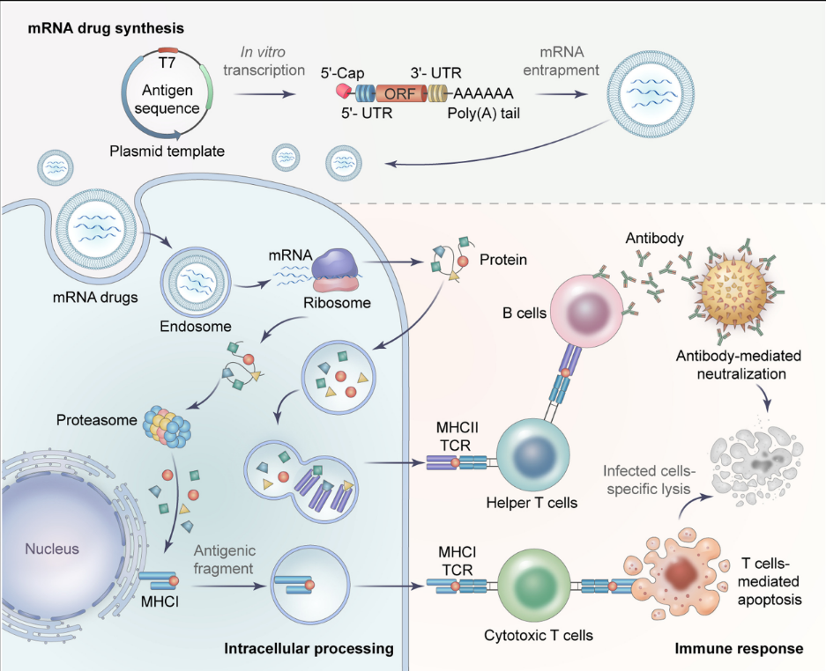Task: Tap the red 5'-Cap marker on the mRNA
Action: tap(342, 89)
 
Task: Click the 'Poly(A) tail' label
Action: tap(479, 113)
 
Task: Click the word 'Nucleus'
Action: tap(52, 549)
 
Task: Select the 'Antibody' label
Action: tap(652, 239)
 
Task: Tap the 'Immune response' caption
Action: tap(739, 649)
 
